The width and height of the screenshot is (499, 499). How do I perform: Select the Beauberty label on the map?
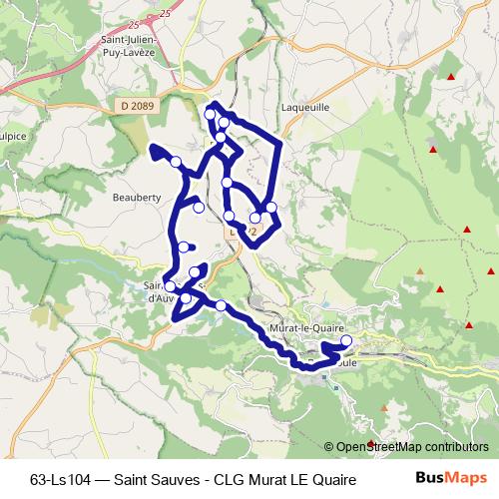(138, 198)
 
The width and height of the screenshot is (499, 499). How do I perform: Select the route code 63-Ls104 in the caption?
(63, 478)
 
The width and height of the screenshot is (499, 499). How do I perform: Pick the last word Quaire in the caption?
(333, 478)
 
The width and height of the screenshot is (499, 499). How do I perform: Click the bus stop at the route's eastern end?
(346, 341)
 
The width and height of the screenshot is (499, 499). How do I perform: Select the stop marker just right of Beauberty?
(200, 208)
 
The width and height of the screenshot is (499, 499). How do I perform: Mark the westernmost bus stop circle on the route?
(170, 287)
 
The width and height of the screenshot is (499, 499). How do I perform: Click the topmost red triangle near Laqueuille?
(451, 78)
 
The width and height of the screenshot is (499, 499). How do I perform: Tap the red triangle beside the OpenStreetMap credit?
(371, 443)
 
